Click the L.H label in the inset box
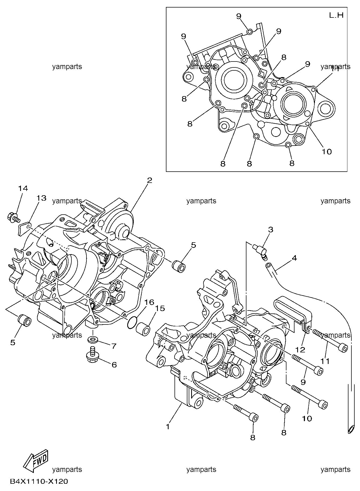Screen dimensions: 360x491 coord(336,15)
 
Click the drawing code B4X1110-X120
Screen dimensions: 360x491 coord(39,481)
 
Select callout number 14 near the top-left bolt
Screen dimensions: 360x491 coord(23,188)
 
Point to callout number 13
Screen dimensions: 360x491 coord(42,198)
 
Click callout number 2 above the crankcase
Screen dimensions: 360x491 coord(150,180)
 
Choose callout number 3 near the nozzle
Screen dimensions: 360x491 coord(271,229)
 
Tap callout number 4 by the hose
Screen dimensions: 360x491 coord(294,258)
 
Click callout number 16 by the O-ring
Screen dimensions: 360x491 coord(150,302)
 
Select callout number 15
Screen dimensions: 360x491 coord(160,308)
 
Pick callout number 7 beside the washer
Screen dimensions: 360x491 coord(114,346)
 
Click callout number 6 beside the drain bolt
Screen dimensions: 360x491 coord(114,365)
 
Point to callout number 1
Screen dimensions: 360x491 coord(168,427)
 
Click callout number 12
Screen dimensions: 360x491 coord(301,350)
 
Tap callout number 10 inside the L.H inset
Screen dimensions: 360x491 coord(327,152)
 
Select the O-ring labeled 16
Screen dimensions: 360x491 coord(132,322)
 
